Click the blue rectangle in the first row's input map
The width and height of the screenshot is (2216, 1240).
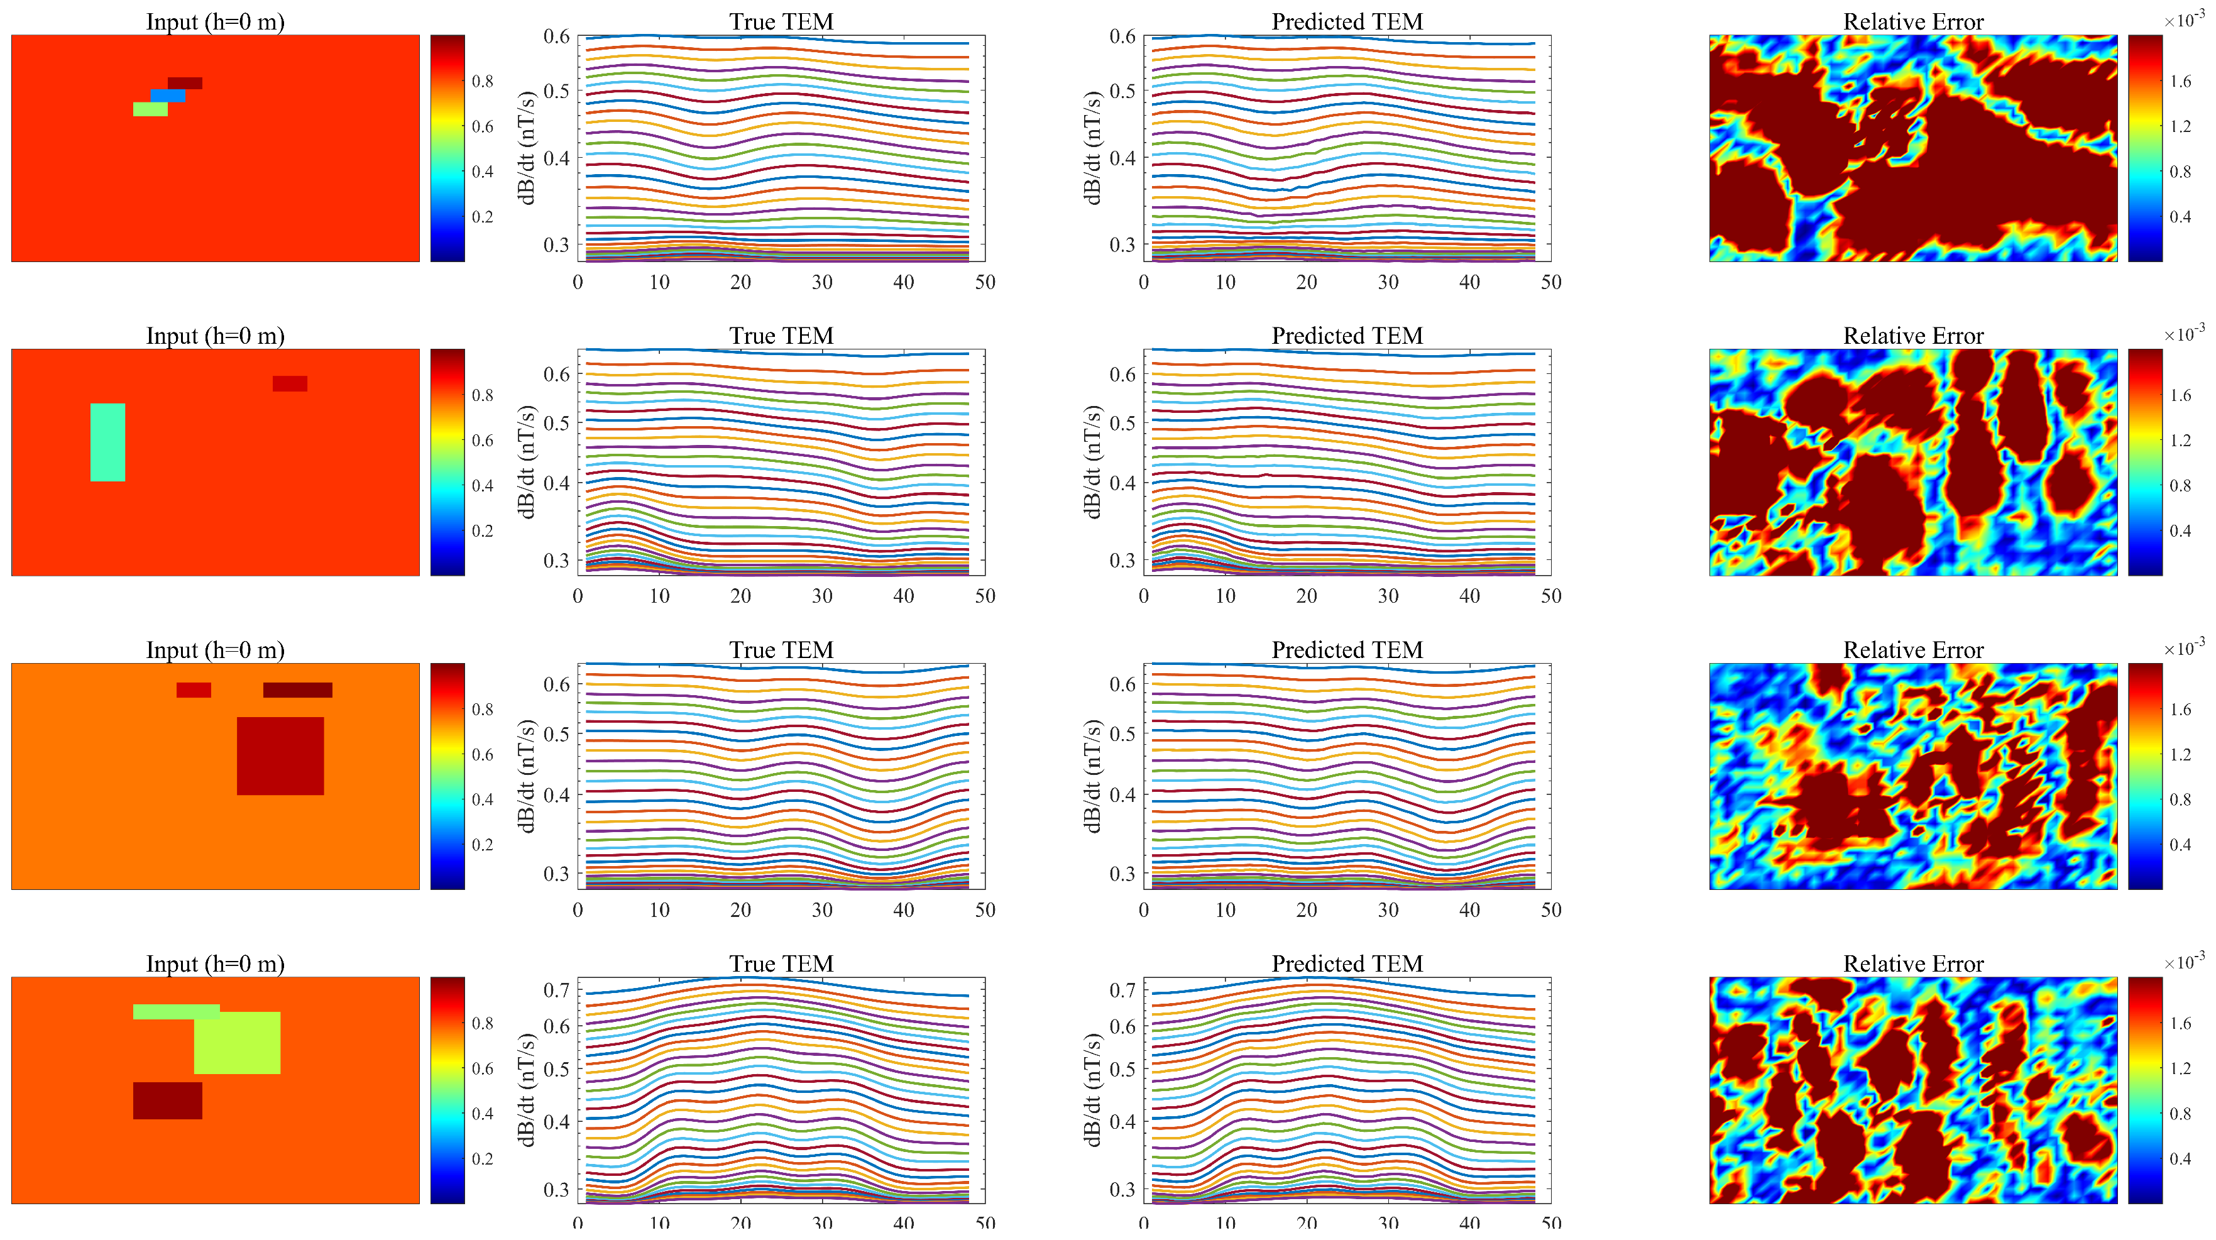click(168, 96)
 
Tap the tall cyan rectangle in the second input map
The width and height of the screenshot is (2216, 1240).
click(107, 442)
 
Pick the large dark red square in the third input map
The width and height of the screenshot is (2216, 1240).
click(280, 755)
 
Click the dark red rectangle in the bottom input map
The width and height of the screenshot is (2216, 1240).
click(168, 1100)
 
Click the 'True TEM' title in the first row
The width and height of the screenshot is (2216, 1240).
click(781, 21)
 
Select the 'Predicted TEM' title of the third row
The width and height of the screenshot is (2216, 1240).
click(1347, 650)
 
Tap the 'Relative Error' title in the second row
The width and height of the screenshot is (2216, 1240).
click(1913, 336)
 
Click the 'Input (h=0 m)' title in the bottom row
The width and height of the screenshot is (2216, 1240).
click(215, 963)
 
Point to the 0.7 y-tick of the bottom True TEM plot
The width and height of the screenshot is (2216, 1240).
click(557, 990)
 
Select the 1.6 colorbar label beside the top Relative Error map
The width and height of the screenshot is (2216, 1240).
click(2180, 82)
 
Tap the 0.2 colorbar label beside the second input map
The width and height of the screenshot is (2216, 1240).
click(483, 531)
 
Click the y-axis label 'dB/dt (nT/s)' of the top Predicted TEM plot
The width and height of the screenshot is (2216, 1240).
click(1092, 148)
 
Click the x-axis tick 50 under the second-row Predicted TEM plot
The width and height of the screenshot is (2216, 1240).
click(1550, 596)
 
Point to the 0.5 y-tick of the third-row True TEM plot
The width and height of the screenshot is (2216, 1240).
click(557, 734)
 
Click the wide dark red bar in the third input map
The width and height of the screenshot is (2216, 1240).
click(298, 690)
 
